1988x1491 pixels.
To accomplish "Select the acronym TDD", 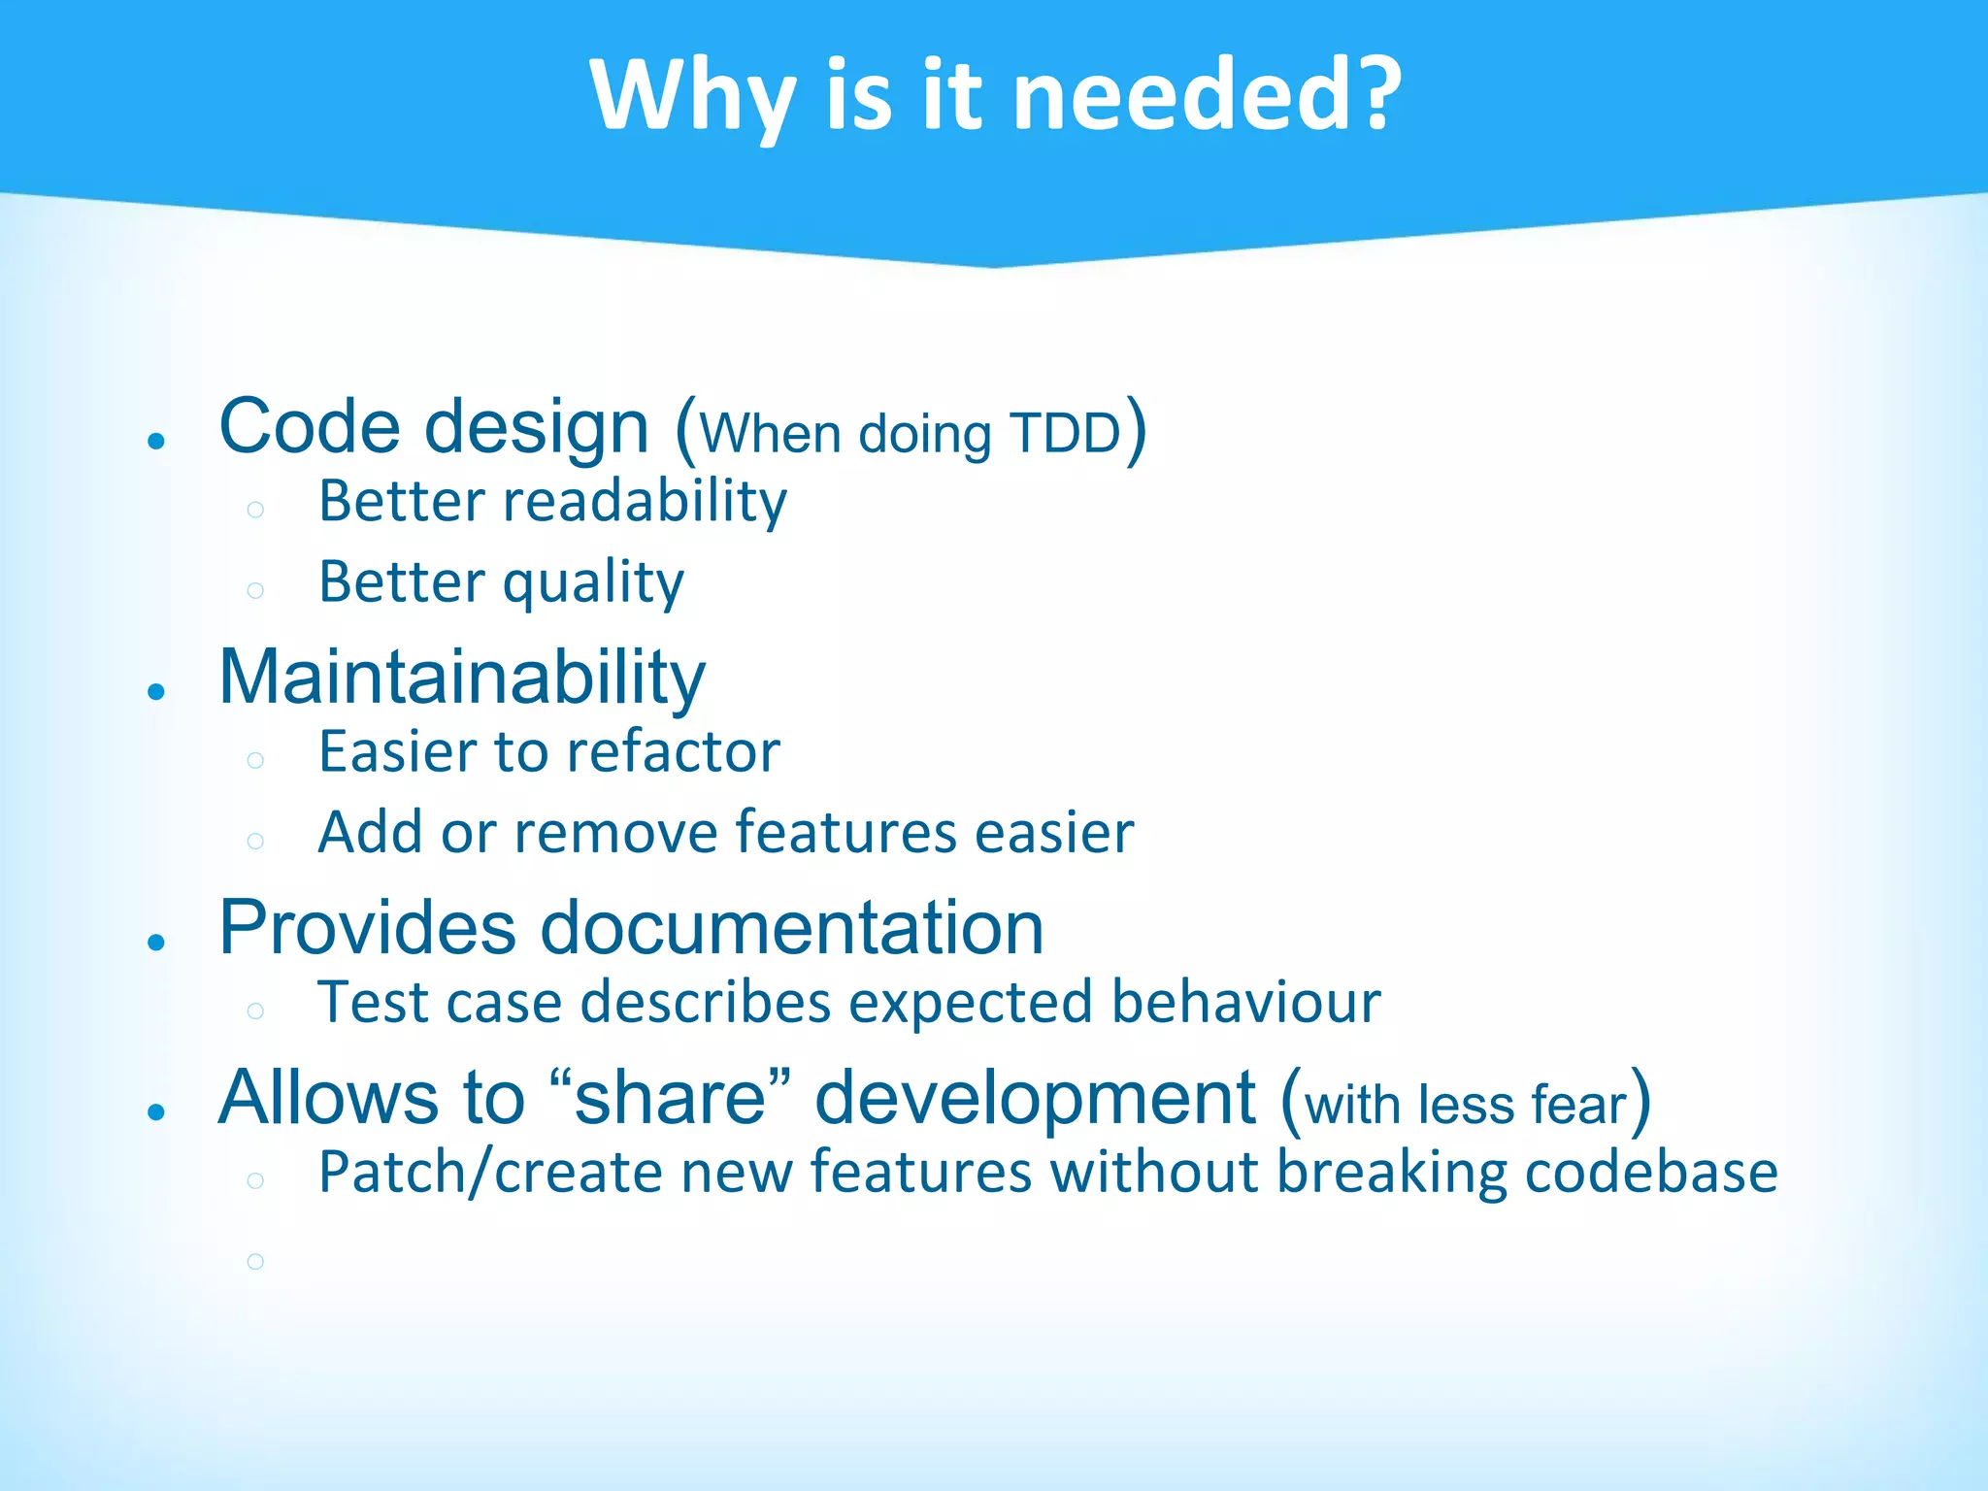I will [1065, 433].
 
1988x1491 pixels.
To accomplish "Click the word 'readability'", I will [645, 502].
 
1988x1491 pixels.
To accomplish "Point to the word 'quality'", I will [593, 583].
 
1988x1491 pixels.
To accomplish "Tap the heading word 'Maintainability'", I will [462, 677].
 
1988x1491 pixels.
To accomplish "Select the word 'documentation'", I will [791, 927].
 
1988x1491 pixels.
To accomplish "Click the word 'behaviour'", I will [1245, 1002].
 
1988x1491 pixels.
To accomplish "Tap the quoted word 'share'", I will [670, 1098].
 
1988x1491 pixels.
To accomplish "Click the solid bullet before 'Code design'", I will [156, 441].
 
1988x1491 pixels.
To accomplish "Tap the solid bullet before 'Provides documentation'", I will [156, 942].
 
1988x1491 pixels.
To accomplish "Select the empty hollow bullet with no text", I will [255, 1261].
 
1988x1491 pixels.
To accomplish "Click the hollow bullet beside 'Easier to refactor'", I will [255, 760].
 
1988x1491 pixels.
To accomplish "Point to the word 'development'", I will [1035, 1098].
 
